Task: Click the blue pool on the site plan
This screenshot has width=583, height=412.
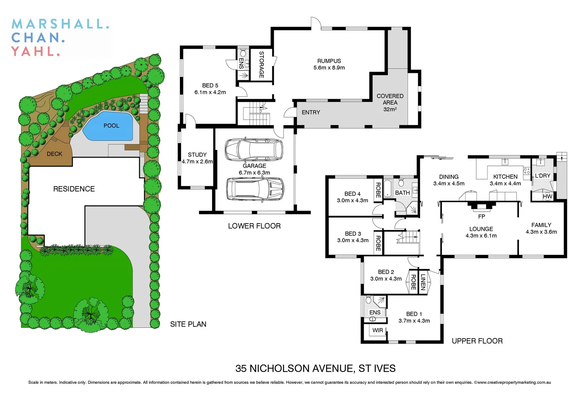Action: click(109, 126)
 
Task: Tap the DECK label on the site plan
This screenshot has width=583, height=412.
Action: click(55, 154)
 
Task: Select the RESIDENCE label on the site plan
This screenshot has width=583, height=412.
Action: click(74, 189)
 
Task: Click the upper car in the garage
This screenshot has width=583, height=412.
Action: click(254, 150)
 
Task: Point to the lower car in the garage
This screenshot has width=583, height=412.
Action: click(255, 188)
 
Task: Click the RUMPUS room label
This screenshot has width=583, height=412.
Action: click(329, 61)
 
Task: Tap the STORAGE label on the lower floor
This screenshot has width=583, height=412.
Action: click(262, 64)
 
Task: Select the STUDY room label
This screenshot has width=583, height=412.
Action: click(197, 154)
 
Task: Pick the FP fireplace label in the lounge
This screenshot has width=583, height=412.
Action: click(482, 216)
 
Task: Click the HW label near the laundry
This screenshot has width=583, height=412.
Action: click(548, 196)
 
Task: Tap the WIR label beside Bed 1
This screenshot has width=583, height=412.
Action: click(377, 330)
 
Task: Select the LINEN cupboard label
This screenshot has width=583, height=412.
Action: click(423, 282)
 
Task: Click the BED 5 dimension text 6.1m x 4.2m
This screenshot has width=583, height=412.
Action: click(210, 92)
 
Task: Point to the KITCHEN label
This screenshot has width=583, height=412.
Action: click(505, 177)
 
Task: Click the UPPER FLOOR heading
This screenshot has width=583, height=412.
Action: click(477, 341)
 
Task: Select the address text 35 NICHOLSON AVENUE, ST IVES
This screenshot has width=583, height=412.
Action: click(315, 369)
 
